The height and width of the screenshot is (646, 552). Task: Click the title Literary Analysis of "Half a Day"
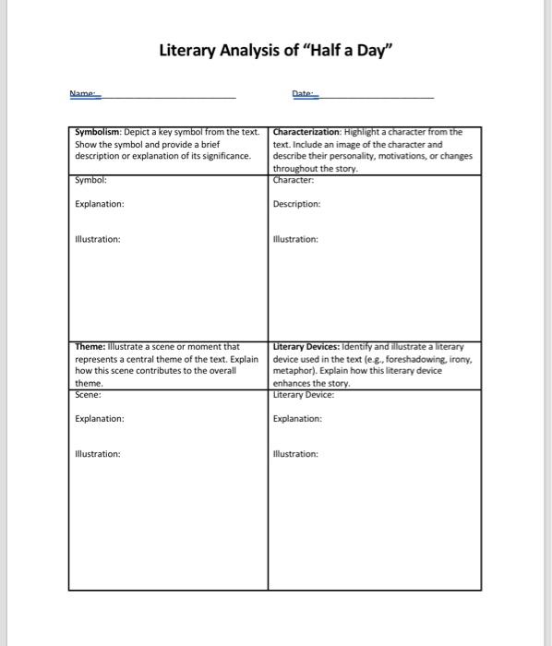(x=276, y=50)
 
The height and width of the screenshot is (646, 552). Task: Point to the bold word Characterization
(x=304, y=132)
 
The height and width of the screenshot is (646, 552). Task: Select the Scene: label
(x=90, y=394)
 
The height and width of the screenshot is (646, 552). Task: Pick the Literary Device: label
(x=304, y=394)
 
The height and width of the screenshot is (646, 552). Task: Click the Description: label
(x=297, y=204)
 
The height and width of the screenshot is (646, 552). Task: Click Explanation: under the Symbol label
(x=100, y=204)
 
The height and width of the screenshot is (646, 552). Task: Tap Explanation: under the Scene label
(x=100, y=418)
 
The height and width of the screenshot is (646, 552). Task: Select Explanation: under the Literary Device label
(x=298, y=418)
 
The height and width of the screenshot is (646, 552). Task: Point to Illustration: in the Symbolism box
(x=97, y=239)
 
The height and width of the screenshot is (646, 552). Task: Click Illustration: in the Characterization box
(x=295, y=239)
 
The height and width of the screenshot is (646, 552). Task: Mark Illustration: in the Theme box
(x=97, y=454)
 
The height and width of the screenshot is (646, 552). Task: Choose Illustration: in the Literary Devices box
(x=295, y=454)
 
